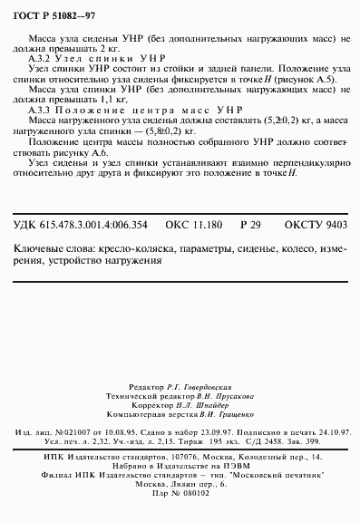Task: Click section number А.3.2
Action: click(x=41, y=56)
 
